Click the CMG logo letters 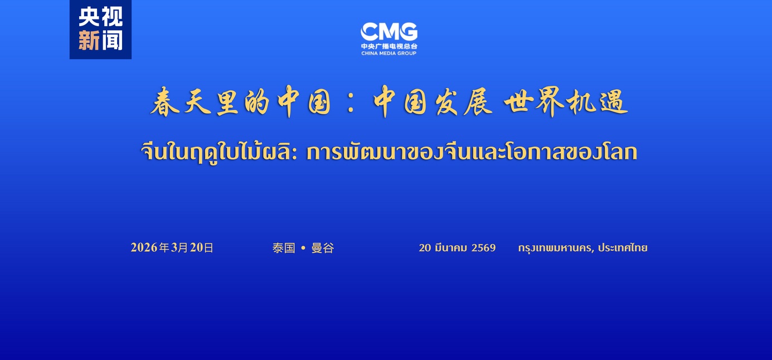coord(389,32)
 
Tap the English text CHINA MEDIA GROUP coord(389,53)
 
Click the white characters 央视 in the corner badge coord(100,17)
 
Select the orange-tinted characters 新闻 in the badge coord(100,40)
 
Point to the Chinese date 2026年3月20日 coord(172,247)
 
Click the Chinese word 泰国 coord(284,247)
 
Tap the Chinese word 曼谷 coord(323,247)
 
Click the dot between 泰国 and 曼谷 coord(303,247)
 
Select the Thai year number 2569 coord(483,247)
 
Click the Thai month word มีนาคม coord(451,247)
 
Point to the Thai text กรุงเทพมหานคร coord(555,248)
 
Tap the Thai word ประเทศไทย coord(623,247)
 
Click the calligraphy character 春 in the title coord(165,101)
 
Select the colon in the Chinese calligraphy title coord(351,103)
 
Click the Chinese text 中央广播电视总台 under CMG coord(389,46)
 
